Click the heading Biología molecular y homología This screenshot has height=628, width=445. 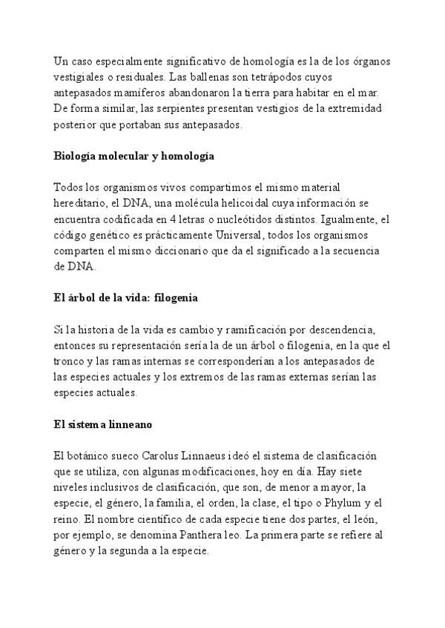point(134,156)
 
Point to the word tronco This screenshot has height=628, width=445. point(70,361)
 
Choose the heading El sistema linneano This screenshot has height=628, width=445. point(101,425)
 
